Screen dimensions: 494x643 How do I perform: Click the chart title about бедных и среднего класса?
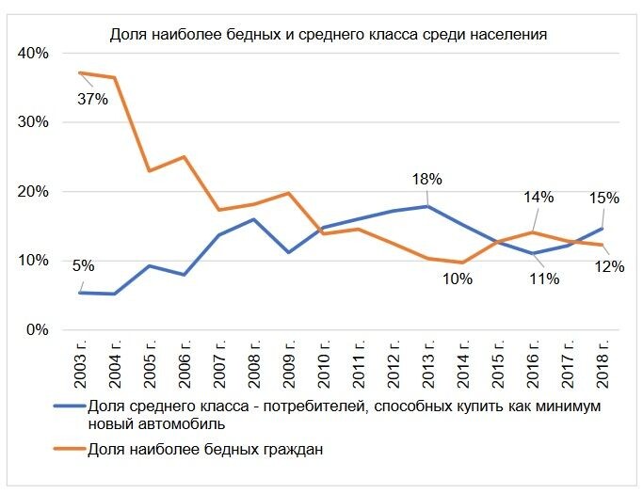(329, 35)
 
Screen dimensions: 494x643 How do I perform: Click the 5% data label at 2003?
(82, 265)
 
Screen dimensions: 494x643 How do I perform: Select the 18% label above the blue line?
(426, 179)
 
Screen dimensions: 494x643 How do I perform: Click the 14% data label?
(539, 198)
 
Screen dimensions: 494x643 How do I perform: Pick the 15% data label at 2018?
(603, 198)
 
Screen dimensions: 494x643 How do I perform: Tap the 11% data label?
(544, 279)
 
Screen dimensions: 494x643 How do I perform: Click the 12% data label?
(609, 266)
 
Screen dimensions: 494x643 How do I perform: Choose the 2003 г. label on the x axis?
(82, 365)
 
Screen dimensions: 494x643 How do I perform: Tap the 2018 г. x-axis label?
(603, 365)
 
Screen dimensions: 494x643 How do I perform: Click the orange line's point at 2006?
(184, 157)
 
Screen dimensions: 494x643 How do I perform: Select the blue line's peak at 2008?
(253, 219)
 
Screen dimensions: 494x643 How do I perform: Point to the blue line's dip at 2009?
(287, 252)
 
